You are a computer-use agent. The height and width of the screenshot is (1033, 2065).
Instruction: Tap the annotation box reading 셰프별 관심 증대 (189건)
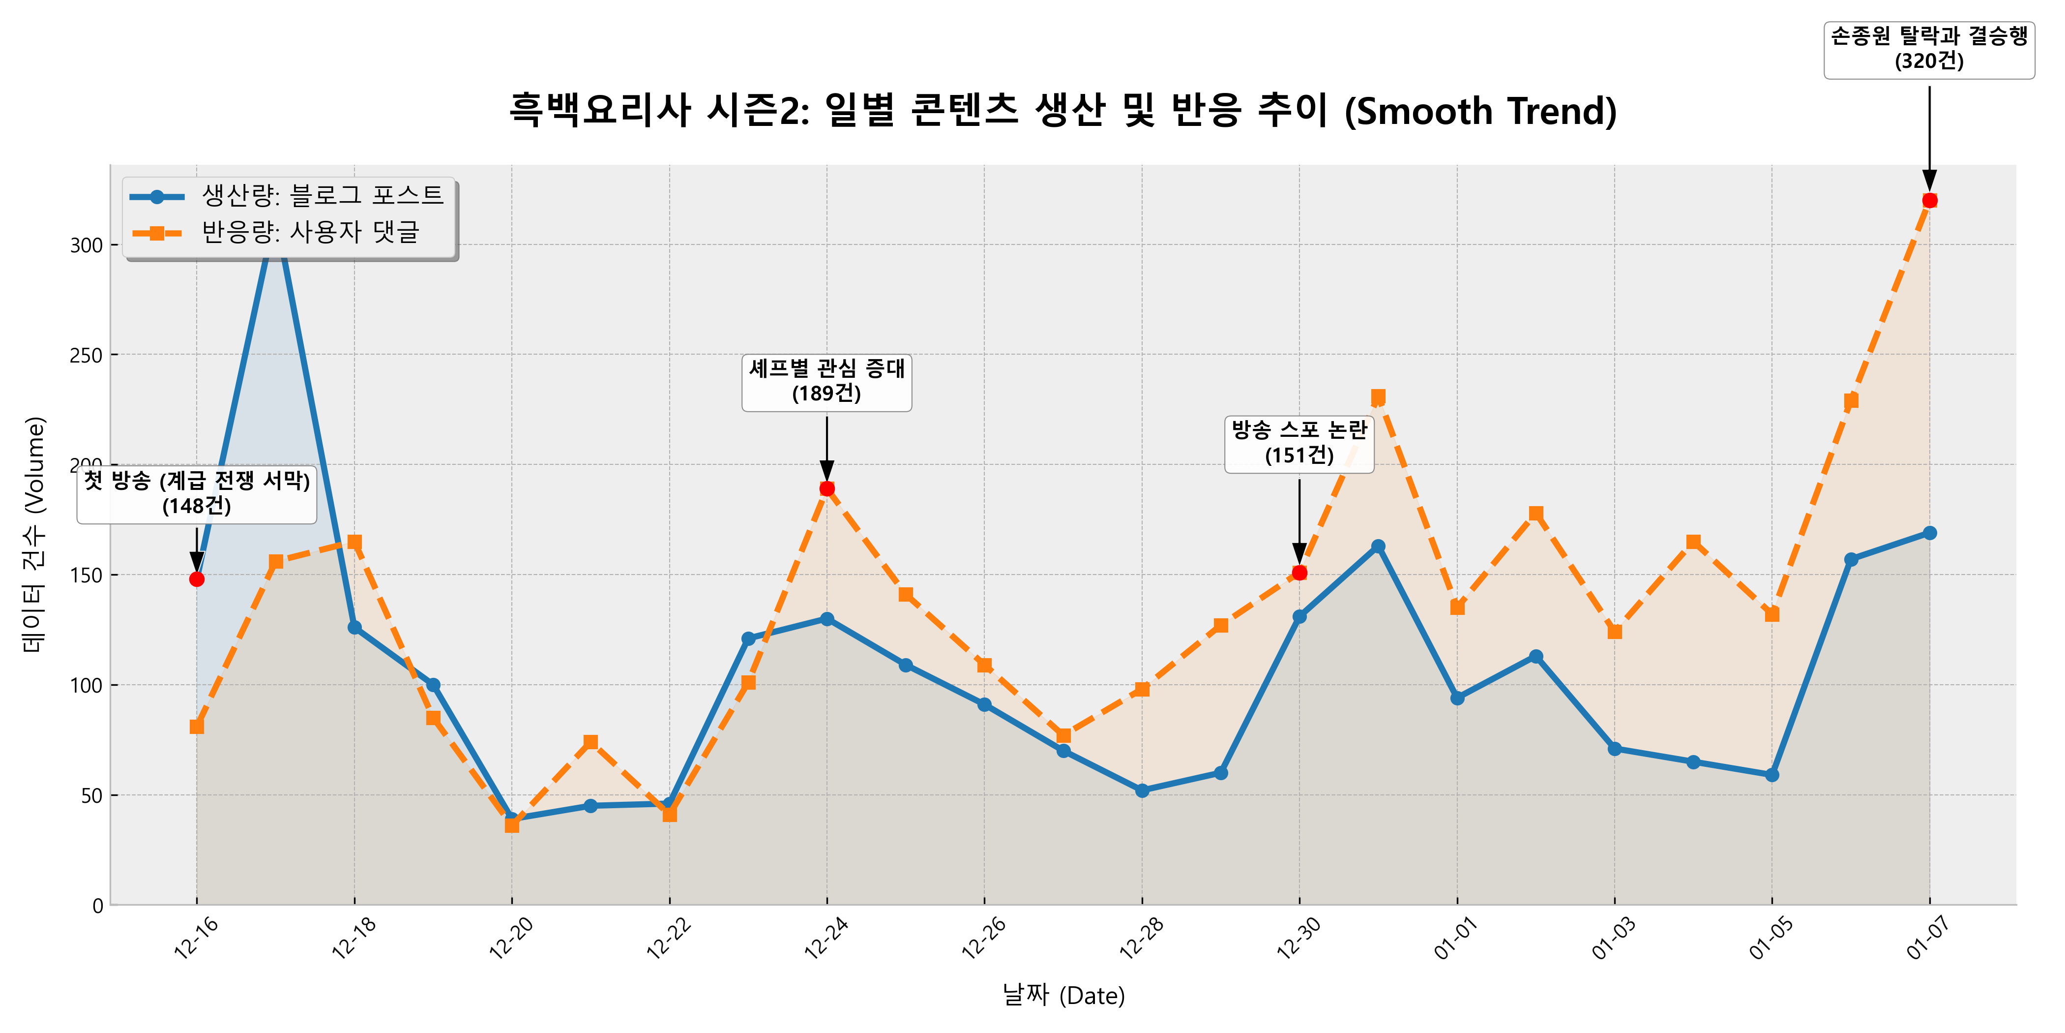[x=826, y=382]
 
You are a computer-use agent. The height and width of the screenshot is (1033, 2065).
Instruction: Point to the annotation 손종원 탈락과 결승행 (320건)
[x=1929, y=49]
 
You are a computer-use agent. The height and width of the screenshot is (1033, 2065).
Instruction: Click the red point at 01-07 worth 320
[x=1929, y=201]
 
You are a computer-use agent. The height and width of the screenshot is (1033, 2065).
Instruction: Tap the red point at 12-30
[x=1299, y=573]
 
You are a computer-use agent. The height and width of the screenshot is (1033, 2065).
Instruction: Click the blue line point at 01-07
[x=1929, y=533]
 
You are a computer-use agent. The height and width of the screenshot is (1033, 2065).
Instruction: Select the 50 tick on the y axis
[x=91, y=795]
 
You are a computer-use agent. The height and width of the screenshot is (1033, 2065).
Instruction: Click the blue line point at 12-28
[x=1142, y=791]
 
